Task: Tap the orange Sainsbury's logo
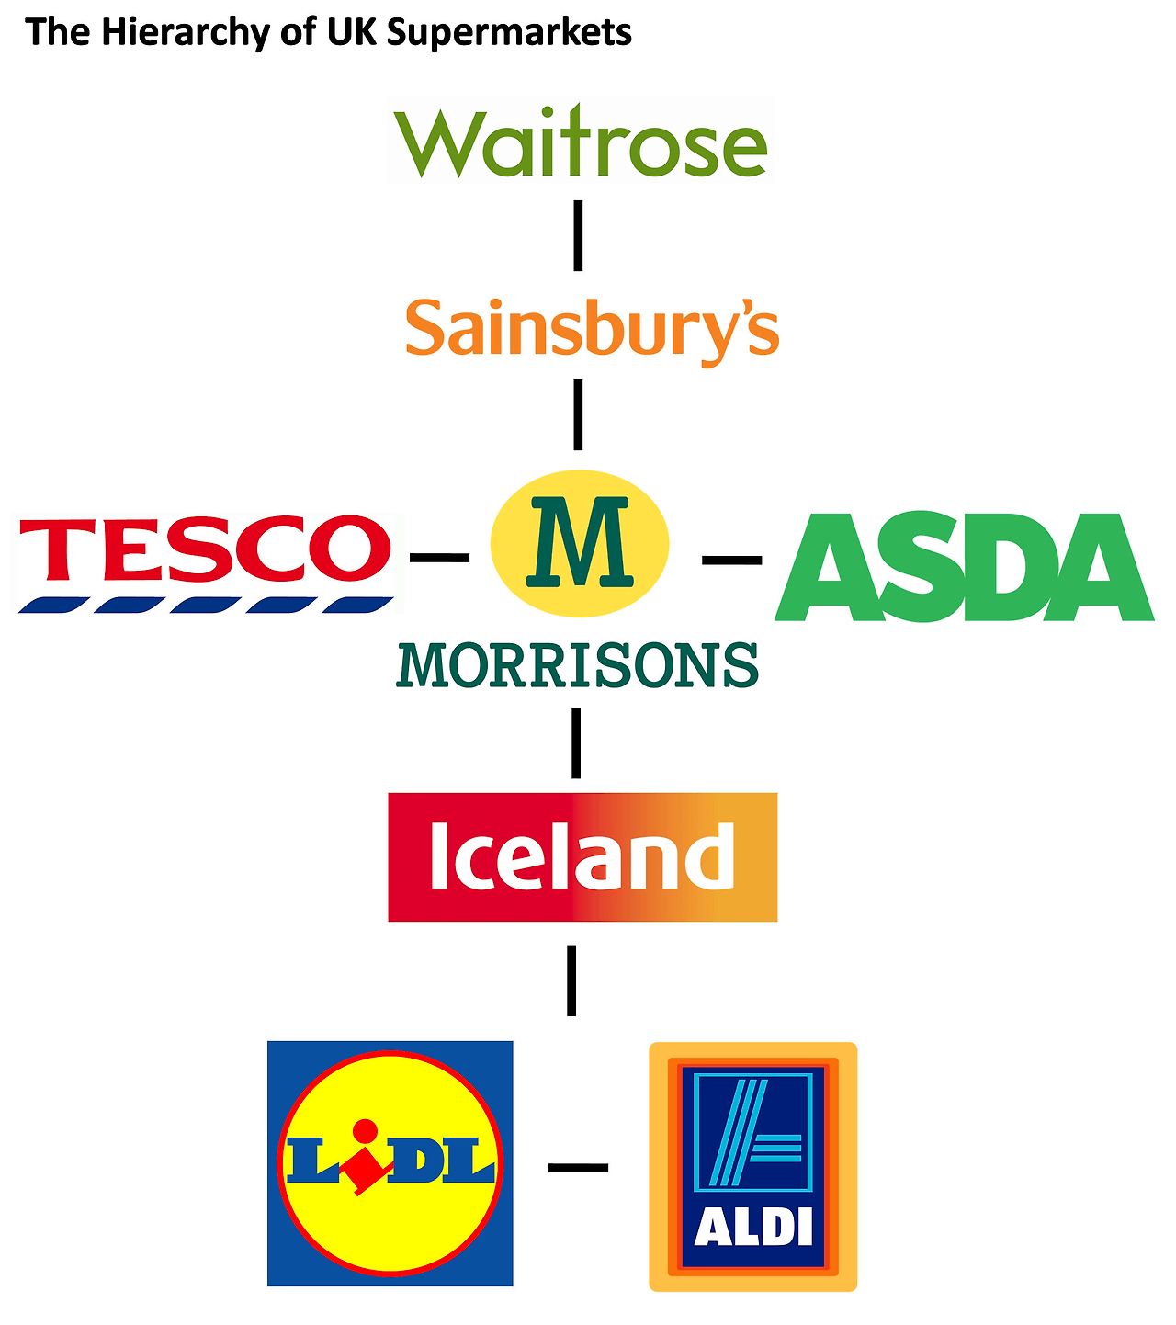pos(592,329)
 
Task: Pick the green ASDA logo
pos(964,567)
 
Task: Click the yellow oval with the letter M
pos(580,542)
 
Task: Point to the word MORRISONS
pos(578,665)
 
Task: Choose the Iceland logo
pos(582,856)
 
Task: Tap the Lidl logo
pos(390,1163)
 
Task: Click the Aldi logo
pos(753,1166)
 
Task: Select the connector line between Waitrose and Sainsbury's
pos(578,235)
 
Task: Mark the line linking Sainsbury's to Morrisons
pos(578,414)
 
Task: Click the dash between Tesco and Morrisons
pos(439,557)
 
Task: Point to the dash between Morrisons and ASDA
pos(731,559)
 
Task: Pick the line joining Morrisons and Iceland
pos(576,742)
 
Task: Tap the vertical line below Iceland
pos(571,980)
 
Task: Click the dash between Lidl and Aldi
pos(578,1168)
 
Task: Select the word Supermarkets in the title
pos(509,33)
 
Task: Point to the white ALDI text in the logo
pos(753,1228)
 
